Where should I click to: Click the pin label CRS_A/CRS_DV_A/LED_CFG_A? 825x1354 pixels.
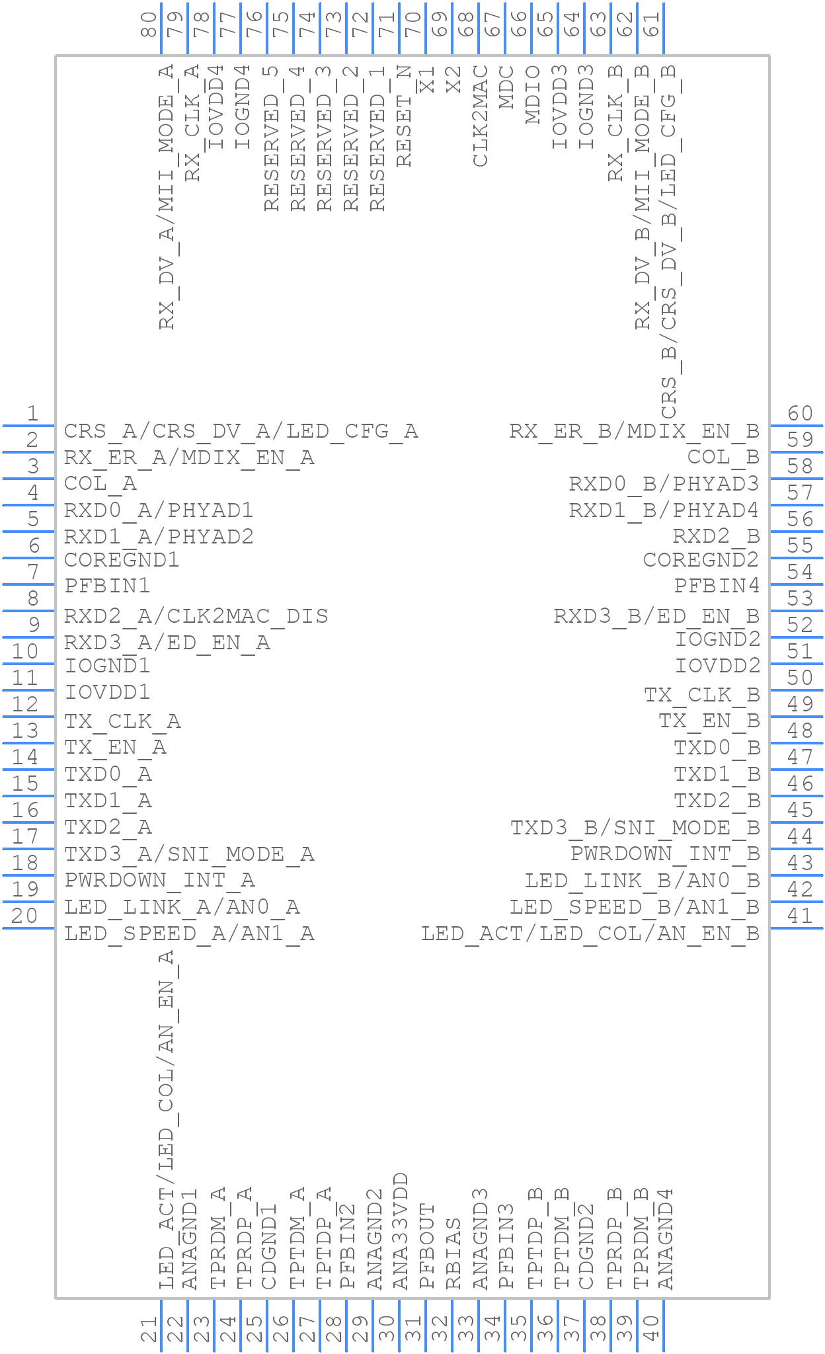click(241, 432)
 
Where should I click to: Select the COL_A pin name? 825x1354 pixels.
click(100, 484)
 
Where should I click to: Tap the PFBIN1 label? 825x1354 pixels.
click(107, 586)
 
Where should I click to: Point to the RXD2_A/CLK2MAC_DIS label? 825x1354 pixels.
click(196, 616)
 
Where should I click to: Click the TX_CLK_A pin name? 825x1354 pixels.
click(122, 721)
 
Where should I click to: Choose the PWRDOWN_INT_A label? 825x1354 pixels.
click(159, 881)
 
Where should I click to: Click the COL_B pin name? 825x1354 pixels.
click(723, 458)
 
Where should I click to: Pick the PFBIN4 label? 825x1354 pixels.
click(717, 586)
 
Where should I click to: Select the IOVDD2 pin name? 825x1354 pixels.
click(717, 666)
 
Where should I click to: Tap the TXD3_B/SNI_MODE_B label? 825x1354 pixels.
click(635, 828)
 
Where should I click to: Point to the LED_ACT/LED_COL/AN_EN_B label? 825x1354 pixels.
click(590, 934)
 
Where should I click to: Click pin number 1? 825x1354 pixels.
click(32, 414)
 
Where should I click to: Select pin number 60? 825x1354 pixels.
click(800, 414)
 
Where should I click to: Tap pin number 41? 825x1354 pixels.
click(800, 916)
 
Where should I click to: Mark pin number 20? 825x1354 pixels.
click(25, 916)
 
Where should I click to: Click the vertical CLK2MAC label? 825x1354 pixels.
click(481, 115)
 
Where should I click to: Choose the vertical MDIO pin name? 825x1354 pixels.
click(533, 95)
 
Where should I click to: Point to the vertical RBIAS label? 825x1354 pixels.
click(453, 1254)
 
